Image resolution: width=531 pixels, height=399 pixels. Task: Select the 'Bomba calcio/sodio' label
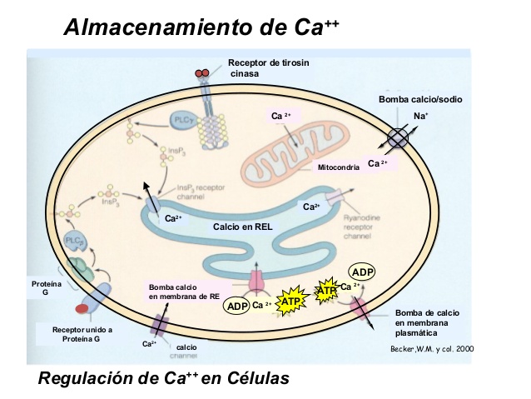(x=420, y=99)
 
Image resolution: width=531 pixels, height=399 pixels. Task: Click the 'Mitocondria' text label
(x=339, y=167)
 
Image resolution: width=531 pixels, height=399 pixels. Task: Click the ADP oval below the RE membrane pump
(x=236, y=306)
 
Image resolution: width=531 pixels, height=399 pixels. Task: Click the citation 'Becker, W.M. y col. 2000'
(x=432, y=348)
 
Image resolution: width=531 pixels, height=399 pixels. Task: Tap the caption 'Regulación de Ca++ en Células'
(x=164, y=378)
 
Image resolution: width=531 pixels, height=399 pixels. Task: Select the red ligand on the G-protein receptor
(x=81, y=310)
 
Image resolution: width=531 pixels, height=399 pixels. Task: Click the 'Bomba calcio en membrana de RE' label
(x=184, y=292)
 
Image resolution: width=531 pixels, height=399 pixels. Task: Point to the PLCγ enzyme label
(x=184, y=120)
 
